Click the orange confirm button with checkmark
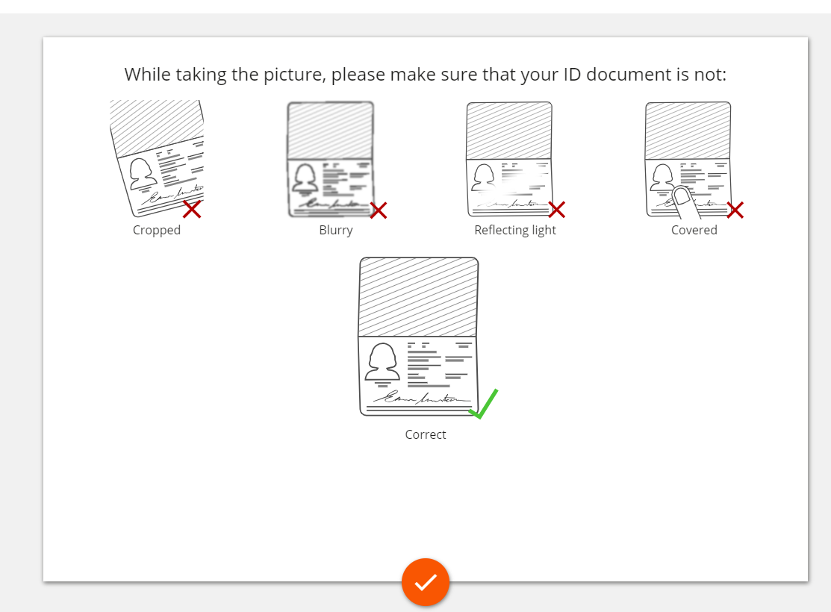pos(426,582)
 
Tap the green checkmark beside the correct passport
pos(483,405)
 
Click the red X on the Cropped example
pos(192,209)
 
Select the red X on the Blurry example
pos(379,210)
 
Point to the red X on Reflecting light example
pos(556,209)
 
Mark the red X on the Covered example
pos(735,210)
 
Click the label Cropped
pos(157,231)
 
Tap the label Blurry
pos(336,231)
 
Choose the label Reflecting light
pos(515,231)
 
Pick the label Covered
pos(694,230)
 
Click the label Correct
pos(426,434)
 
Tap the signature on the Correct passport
pos(422,398)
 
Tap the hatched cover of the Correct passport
pos(419,297)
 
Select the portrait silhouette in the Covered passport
pos(663,178)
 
